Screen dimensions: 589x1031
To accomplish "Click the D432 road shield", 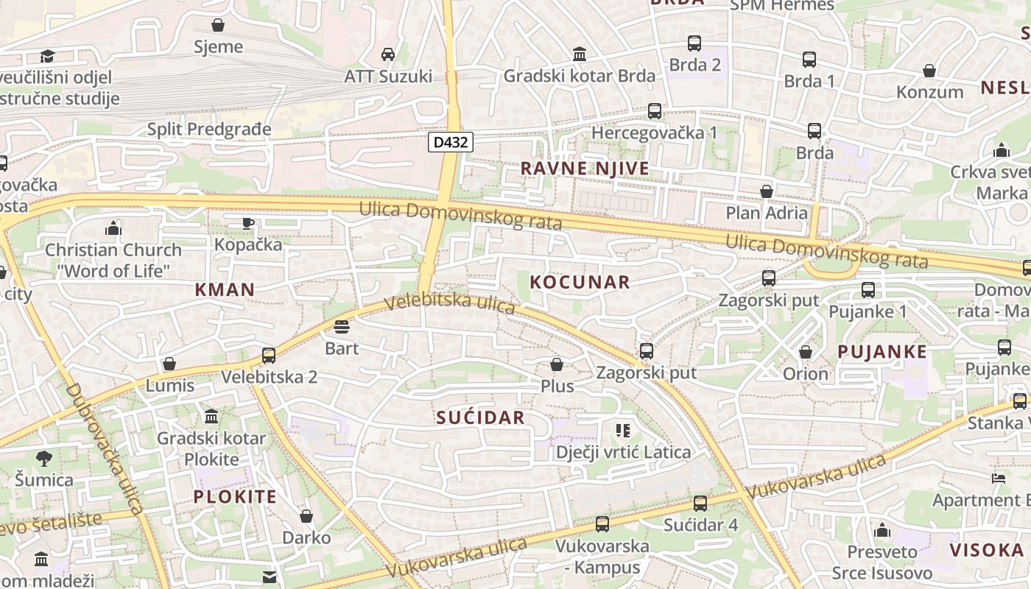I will (x=450, y=142).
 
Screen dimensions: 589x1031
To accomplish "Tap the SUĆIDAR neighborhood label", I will (x=480, y=418).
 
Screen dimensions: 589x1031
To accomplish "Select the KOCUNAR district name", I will (x=580, y=282).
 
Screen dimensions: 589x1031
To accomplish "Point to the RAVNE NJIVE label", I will (x=585, y=169).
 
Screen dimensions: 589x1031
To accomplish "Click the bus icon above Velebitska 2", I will (x=269, y=355).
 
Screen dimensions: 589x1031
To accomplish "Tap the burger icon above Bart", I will (x=342, y=326).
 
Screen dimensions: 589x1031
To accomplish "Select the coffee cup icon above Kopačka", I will (x=248, y=222).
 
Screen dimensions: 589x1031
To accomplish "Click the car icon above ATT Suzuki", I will (x=388, y=54).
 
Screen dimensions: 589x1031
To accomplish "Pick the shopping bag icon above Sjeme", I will (x=218, y=25).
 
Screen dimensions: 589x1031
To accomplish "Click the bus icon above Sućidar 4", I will (x=700, y=503).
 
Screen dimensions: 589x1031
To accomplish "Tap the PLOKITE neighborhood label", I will (x=235, y=496).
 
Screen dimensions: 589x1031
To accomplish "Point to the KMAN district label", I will (x=225, y=289).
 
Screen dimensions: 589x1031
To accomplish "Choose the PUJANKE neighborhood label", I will (x=882, y=352).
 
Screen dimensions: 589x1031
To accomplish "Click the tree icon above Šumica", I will (x=44, y=458).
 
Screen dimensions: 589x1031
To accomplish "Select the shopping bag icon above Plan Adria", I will (x=767, y=191).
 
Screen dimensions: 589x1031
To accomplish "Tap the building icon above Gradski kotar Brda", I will (x=580, y=54).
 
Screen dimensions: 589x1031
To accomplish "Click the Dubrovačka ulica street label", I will (x=105, y=448).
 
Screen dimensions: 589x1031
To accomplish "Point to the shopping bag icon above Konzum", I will (x=929, y=71).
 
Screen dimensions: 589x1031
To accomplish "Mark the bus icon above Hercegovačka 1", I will (x=655, y=111).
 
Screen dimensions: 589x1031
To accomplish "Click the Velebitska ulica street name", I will (x=449, y=303).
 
